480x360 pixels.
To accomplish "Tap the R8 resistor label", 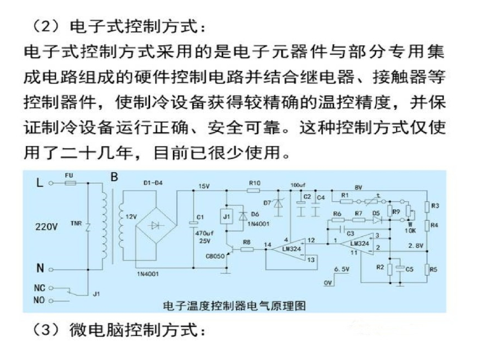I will [247, 242].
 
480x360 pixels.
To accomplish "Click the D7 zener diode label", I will [268, 202].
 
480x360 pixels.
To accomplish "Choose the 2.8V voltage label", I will [415, 245].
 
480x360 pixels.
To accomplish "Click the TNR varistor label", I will [75, 224].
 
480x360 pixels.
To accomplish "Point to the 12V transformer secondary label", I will [130, 217].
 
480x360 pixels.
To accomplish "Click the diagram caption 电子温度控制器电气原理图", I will [234, 307].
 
